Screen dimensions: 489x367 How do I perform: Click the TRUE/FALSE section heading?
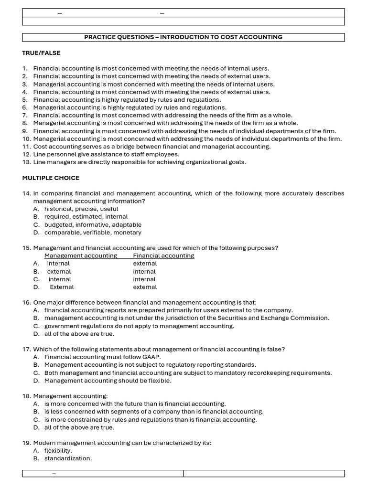coord(41,53)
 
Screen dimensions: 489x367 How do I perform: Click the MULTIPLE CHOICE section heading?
coord(51,178)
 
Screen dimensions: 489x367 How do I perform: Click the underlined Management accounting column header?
coord(80,256)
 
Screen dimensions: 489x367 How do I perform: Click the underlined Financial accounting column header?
coord(163,256)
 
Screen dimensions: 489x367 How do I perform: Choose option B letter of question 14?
coord(36,217)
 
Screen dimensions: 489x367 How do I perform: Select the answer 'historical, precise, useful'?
coord(81,209)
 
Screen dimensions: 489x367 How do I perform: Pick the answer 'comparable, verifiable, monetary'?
coord(93,233)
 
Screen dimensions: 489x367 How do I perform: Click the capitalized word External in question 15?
coord(62,287)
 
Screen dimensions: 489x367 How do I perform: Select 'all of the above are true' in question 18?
coord(79,427)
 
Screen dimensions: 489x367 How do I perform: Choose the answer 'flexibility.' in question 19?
coord(58,451)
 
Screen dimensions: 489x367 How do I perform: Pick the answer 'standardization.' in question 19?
coord(68,458)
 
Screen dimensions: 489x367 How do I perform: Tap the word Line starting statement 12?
coord(40,155)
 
